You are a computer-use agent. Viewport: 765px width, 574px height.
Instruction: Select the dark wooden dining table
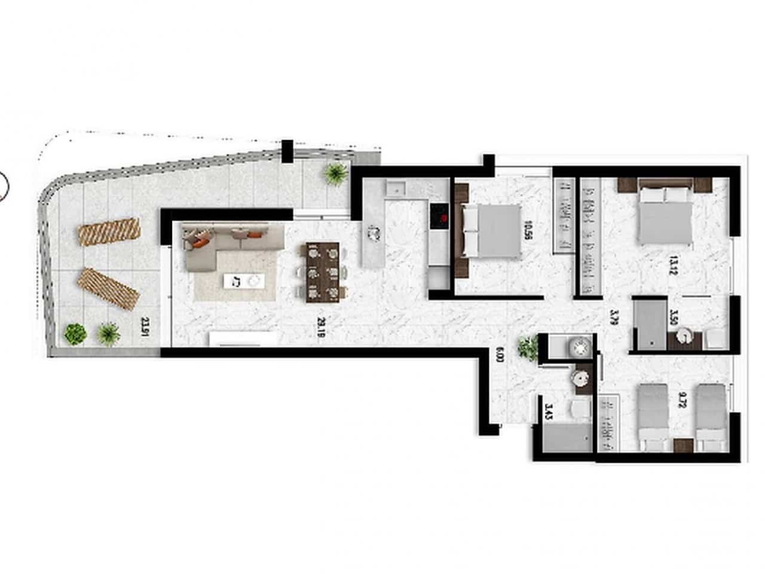click(322, 271)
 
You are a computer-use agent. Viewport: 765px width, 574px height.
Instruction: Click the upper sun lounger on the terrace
click(109, 231)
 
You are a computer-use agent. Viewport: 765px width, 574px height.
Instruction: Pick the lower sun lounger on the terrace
click(109, 288)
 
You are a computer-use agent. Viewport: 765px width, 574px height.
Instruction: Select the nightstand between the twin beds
click(682, 444)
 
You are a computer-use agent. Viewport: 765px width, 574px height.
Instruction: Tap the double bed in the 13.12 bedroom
click(665, 214)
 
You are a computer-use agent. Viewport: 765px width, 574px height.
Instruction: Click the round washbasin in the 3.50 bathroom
click(684, 338)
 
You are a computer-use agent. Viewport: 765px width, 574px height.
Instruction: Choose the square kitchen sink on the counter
click(396, 190)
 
